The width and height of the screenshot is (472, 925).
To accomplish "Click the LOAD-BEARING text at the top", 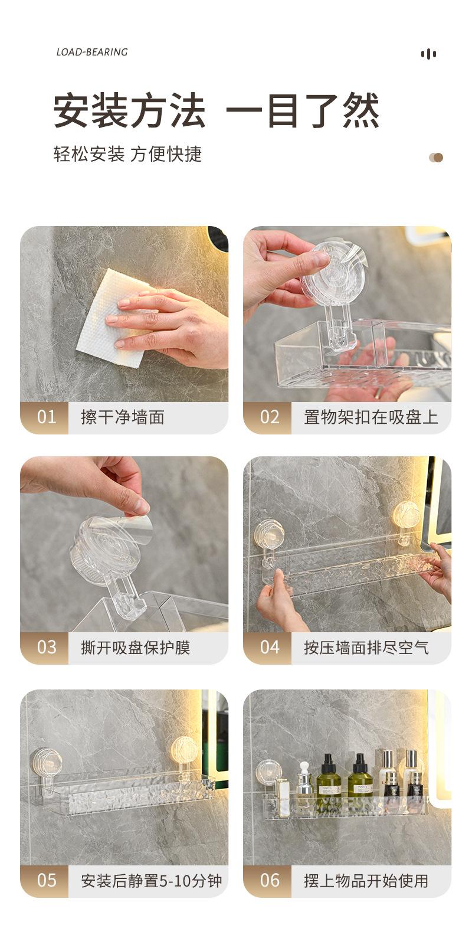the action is pos(92,52).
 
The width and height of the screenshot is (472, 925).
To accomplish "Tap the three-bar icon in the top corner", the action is pos(428,54).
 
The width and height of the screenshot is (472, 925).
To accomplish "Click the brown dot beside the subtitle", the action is pos(438,158).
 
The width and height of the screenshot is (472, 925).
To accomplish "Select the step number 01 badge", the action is pos(45,417).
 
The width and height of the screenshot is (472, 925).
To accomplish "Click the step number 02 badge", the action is pos(268,417).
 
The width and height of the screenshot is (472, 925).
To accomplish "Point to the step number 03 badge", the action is pos(45,648).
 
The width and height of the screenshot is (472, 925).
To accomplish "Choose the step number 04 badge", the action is pos(268,648).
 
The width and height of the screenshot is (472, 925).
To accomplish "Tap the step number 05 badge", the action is pos(45,881).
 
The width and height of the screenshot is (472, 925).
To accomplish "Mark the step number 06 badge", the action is pos(268,881).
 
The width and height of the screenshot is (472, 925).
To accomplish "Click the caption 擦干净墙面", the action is pos(123,417).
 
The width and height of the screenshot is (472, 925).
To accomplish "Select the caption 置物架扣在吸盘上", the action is pos(371,417).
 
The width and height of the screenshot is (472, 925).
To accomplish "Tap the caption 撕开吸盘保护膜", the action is pos(135,648).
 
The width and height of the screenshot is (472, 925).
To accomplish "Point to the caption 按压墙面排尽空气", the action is pos(366,648).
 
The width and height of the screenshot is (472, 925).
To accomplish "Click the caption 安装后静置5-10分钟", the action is pos(152,881).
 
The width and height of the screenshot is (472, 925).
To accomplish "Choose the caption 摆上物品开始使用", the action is pos(366,881).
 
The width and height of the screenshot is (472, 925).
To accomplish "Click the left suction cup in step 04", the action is pos(268,533).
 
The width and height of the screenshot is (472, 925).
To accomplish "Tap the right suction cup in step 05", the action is pos(185,750).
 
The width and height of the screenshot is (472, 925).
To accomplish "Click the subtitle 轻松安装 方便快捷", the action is pos(127,154).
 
